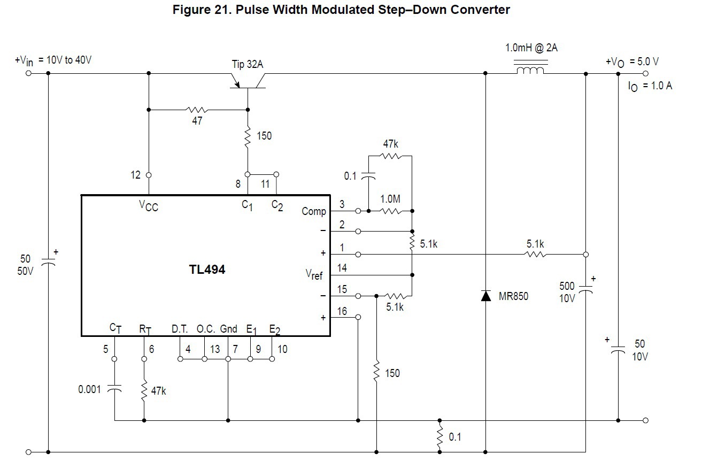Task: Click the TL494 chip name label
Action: (x=207, y=270)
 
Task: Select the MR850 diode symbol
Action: (x=485, y=296)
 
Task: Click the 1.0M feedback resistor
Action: (x=390, y=211)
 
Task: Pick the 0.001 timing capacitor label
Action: (x=89, y=389)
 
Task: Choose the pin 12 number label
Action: (x=135, y=175)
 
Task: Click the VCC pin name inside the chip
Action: (x=148, y=205)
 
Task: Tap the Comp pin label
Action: (x=313, y=211)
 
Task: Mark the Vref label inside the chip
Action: (x=314, y=274)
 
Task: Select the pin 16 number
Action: (x=342, y=312)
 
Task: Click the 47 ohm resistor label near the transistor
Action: (x=197, y=121)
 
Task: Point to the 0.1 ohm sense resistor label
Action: (x=454, y=437)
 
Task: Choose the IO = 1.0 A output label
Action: (x=650, y=86)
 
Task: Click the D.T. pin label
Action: (x=180, y=329)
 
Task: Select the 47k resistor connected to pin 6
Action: (x=144, y=391)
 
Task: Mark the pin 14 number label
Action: (x=342, y=268)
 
